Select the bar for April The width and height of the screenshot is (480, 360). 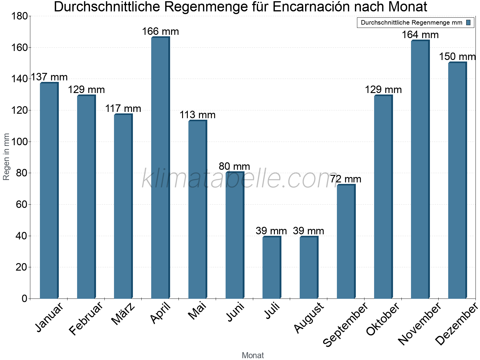(x=160, y=168)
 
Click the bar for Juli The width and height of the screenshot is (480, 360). (x=271, y=268)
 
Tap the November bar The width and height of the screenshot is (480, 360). (x=420, y=169)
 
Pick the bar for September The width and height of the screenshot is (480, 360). (x=346, y=241)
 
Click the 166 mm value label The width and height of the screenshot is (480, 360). (x=160, y=31)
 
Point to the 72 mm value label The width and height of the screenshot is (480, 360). (x=346, y=179)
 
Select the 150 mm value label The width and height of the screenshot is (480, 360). (x=457, y=56)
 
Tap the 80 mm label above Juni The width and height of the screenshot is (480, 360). (x=234, y=166)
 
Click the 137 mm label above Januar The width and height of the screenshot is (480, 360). (x=49, y=77)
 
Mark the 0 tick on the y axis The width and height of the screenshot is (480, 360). (x=24, y=298)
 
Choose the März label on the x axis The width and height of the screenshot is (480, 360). (x=123, y=314)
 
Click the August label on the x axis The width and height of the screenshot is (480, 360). (x=309, y=318)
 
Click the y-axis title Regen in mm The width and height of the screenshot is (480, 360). (x=6, y=157)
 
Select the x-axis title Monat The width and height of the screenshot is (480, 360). (x=253, y=355)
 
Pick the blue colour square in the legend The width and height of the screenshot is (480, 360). (x=468, y=22)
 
